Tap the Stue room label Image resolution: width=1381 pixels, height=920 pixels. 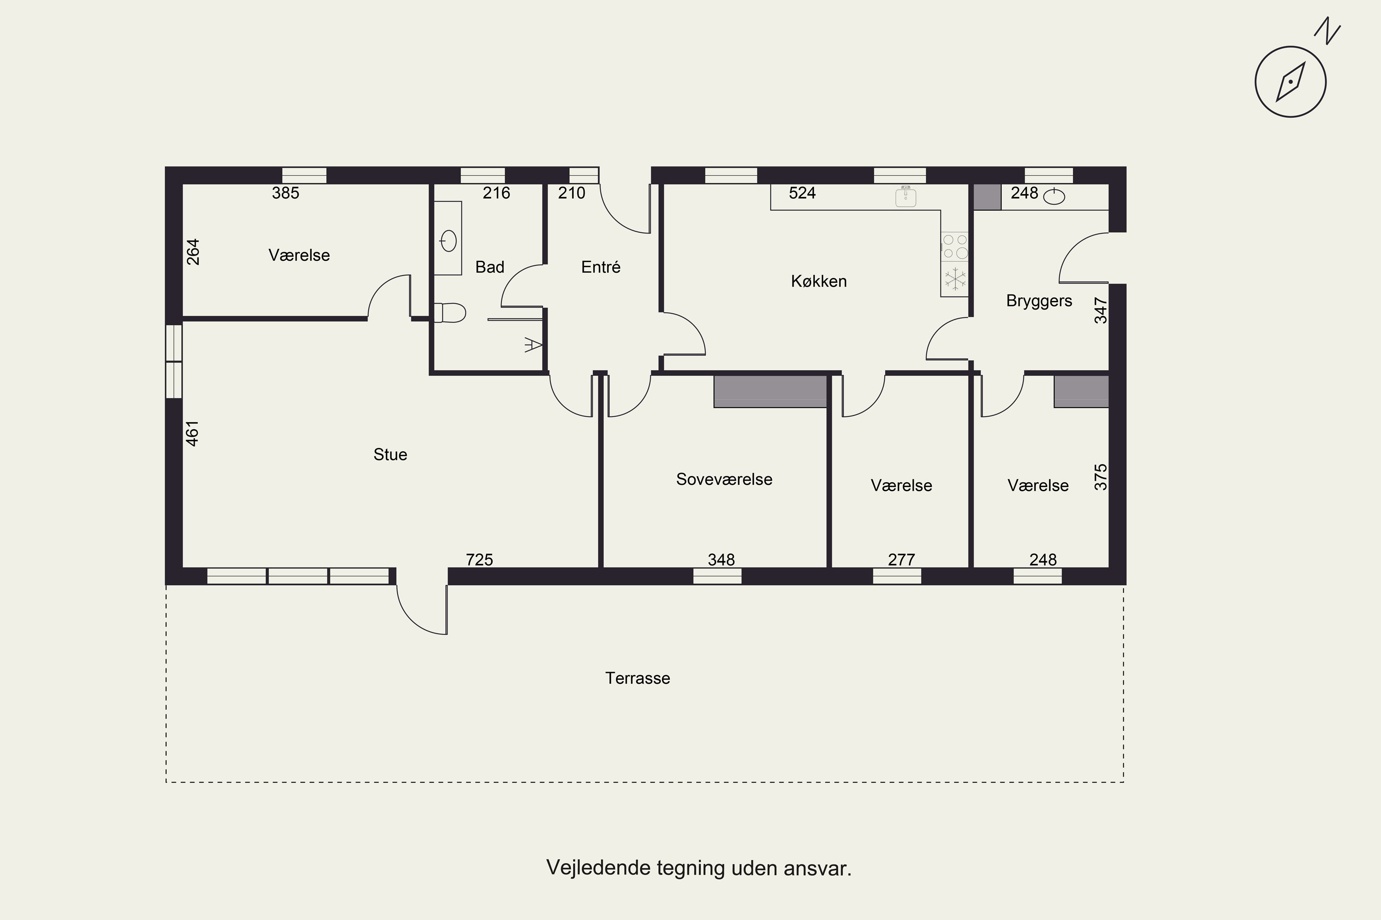point(390,455)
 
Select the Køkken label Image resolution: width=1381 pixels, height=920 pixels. point(818,281)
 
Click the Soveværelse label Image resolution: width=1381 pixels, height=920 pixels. point(724,479)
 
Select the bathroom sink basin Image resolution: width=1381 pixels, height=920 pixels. point(448,241)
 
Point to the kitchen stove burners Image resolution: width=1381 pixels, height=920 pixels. point(955,247)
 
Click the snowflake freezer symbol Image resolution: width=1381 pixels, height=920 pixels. point(955,279)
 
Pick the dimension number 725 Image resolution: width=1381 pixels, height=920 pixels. point(479,560)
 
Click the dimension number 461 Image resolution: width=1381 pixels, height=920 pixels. point(192,434)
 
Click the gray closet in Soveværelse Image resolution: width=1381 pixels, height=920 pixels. point(770,391)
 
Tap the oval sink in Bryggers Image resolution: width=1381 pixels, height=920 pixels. point(1055,196)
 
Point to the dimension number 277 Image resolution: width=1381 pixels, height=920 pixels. point(901,560)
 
